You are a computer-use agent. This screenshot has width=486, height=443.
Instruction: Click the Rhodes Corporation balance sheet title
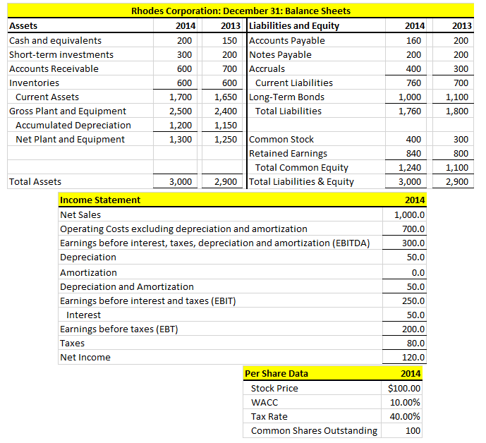click(241, 11)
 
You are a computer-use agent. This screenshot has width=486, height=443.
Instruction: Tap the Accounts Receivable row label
click(54, 68)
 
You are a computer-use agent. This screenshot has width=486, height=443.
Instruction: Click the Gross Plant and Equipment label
click(68, 111)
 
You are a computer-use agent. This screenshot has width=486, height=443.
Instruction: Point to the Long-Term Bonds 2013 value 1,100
click(459, 97)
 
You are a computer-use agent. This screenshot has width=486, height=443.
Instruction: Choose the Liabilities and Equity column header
click(294, 26)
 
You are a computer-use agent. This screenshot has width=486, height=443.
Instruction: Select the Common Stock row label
click(281, 139)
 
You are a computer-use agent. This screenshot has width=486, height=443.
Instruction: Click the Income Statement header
click(100, 200)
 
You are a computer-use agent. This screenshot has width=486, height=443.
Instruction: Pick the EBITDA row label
click(215, 243)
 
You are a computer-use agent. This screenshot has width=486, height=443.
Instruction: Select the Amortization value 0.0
click(417, 272)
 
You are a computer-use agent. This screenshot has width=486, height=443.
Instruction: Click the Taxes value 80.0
click(415, 343)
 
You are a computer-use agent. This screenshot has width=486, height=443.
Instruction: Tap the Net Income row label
click(85, 357)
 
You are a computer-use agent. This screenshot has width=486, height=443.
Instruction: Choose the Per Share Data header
click(276, 373)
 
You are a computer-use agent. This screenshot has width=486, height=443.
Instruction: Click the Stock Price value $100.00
click(404, 388)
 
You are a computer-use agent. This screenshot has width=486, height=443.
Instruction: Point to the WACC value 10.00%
click(405, 402)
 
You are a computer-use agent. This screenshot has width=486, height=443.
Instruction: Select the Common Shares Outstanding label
click(314, 430)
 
